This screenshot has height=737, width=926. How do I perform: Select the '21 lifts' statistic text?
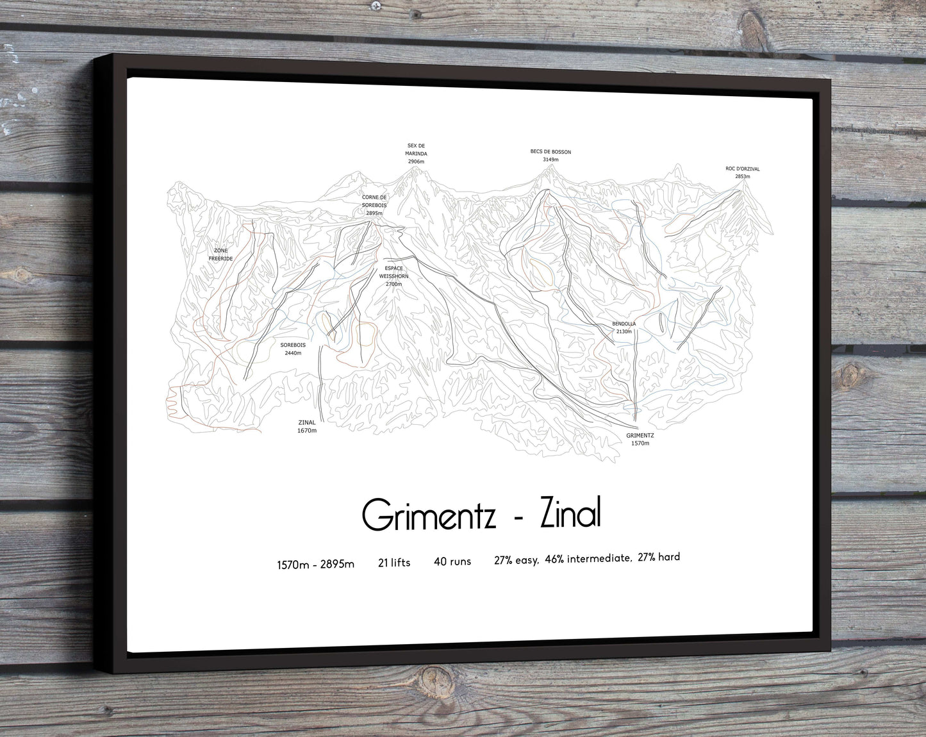(x=394, y=563)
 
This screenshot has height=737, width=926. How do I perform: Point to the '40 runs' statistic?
(x=452, y=561)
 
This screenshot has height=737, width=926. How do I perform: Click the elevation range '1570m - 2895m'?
(x=315, y=564)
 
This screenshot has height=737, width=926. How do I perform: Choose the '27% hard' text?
(x=659, y=557)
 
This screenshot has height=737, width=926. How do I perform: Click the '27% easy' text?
(x=516, y=560)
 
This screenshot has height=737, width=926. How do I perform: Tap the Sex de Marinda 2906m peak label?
(x=416, y=154)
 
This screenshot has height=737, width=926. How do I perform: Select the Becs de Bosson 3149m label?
(x=550, y=155)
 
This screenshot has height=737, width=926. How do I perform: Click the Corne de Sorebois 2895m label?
(x=374, y=205)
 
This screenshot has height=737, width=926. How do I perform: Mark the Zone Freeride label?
(x=220, y=254)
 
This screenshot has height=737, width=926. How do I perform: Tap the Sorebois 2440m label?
(x=293, y=349)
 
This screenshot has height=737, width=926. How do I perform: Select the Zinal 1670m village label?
(x=307, y=426)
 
